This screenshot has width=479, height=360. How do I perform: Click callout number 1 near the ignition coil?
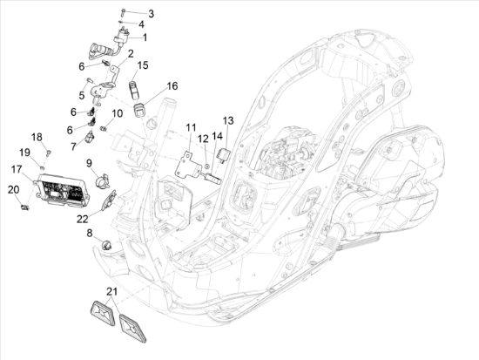click(x=145, y=37)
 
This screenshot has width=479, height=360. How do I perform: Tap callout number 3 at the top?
click(x=150, y=14)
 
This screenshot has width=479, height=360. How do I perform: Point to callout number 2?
click(x=131, y=53)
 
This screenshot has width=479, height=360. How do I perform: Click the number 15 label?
click(x=143, y=65)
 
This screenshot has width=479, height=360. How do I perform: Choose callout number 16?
click(x=172, y=85)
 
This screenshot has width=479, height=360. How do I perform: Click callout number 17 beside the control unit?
click(x=17, y=167)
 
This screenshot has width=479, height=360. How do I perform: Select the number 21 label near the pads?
click(x=111, y=290)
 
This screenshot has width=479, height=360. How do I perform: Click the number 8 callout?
click(x=88, y=233)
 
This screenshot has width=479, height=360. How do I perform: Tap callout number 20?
click(x=12, y=189)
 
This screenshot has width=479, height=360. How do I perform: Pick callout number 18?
click(x=37, y=137)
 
